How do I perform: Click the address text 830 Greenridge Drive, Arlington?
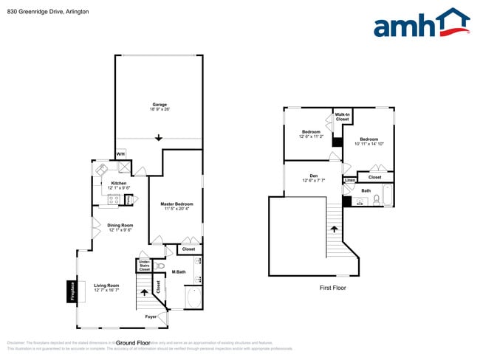49,11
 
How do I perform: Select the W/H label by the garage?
120,154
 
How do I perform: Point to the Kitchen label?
119,183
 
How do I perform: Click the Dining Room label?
120,226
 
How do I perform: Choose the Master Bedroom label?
177,204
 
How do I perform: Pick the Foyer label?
150,316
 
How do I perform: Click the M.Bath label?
178,272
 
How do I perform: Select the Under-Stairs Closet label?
144,266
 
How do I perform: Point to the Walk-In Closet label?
342,117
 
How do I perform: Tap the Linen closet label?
350,180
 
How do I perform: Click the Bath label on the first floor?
366,191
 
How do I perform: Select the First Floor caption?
332,288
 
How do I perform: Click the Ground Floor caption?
133,343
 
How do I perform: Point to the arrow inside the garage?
159,138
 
